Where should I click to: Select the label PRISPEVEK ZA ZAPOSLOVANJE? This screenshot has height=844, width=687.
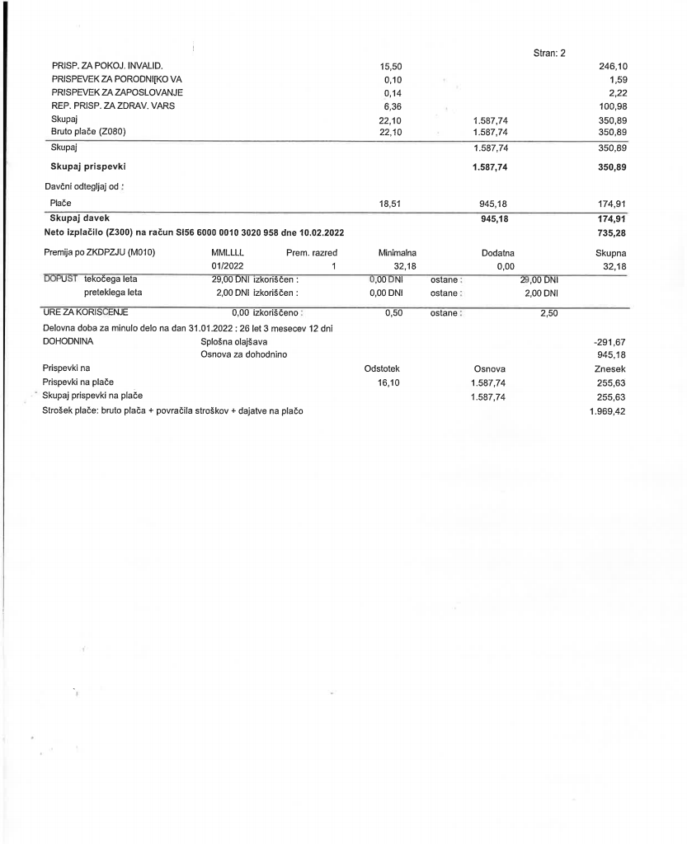point(117,91)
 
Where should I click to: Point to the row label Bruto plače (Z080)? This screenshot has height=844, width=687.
point(90,132)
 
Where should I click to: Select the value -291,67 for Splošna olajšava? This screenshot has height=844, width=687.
point(610,340)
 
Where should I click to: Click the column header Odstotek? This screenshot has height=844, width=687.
point(382,369)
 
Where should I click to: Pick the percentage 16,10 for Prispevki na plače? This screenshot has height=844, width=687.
point(388,383)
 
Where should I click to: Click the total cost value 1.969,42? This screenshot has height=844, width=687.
point(609,411)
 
